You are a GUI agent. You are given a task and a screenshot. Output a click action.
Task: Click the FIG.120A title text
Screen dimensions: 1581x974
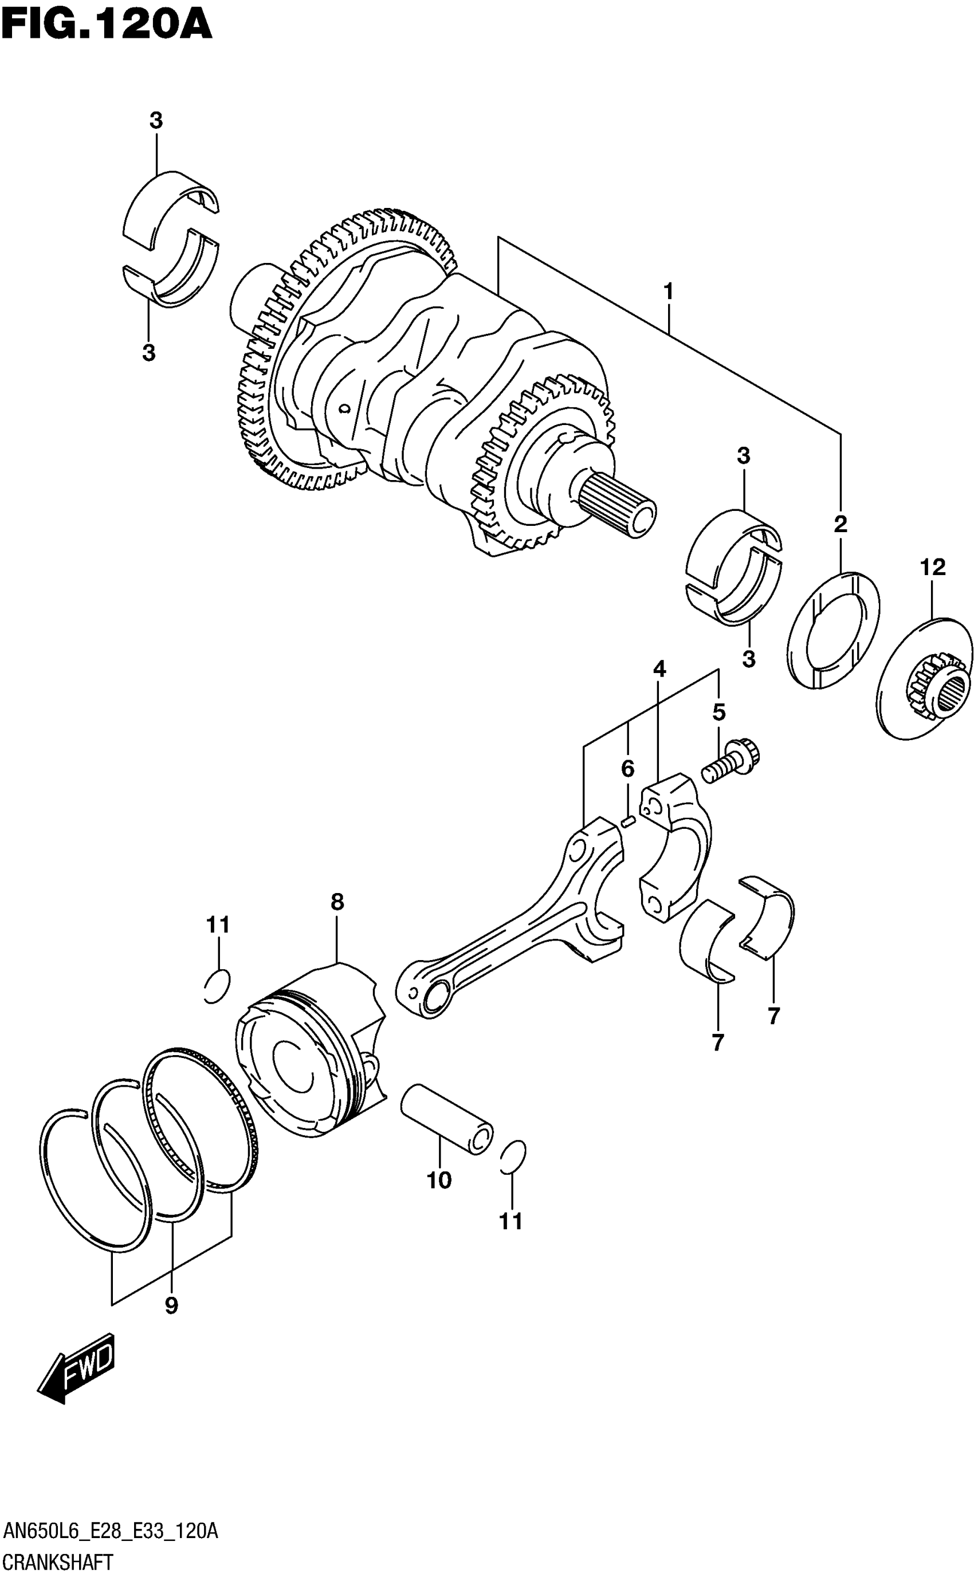tap(107, 26)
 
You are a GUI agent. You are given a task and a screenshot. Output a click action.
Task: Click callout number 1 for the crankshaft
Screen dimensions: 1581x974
tap(669, 292)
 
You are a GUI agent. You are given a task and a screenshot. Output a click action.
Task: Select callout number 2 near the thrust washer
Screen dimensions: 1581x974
tap(840, 524)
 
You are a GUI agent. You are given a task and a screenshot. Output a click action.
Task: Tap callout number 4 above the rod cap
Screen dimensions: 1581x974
tap(659, 670)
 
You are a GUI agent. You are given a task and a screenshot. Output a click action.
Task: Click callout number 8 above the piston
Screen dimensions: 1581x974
tap(337, 902)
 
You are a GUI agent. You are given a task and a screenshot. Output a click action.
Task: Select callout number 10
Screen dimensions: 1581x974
tap(439, 1181)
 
